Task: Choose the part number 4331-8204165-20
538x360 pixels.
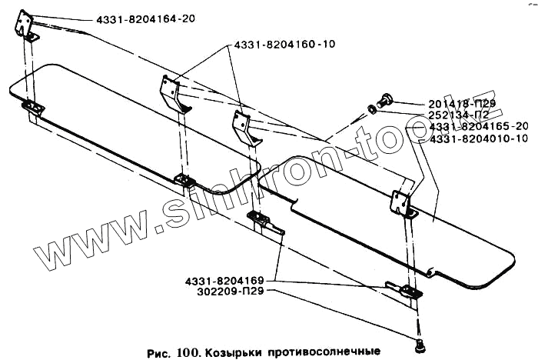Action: [480, 126]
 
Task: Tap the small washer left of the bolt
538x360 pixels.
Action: [372, 108]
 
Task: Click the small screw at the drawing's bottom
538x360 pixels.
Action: [421, 344]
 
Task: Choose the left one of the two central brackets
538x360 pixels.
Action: [173, 93]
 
